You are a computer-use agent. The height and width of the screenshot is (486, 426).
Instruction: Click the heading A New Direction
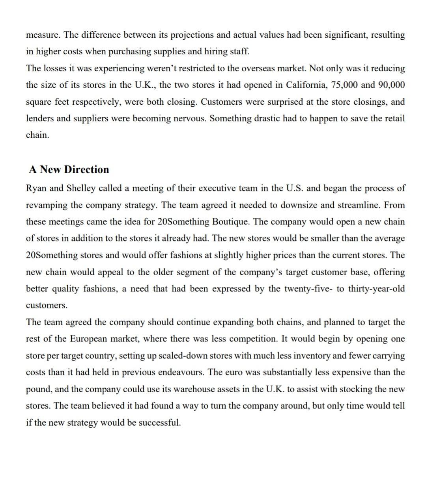[x=69, y=169]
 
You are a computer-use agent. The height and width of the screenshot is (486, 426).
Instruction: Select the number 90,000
[x=391, y=85]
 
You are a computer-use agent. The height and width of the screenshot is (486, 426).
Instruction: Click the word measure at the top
[x=43, y=35]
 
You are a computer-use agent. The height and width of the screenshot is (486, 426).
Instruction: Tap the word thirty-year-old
[x=376, y=289]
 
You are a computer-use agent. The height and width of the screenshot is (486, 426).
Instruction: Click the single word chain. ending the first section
[x=37, y=135]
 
